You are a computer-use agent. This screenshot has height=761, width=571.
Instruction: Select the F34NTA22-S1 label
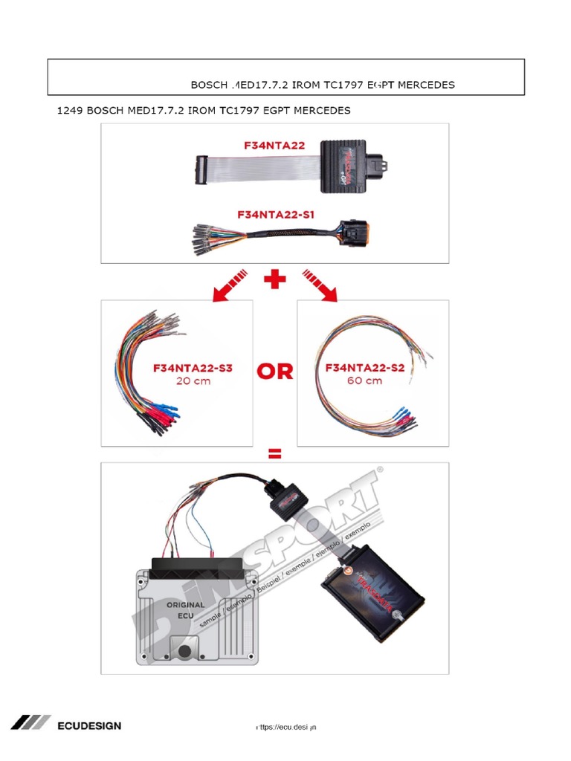pyautogui.click(x=276, y=214)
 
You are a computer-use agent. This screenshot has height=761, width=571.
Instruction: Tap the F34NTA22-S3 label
pyautogui.click(x=193, y=368)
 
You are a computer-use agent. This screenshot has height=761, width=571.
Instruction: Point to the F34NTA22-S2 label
pyautogui.click(x=364, y=368)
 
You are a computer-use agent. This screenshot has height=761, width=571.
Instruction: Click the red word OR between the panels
pyautogui.click(x=275, y=372)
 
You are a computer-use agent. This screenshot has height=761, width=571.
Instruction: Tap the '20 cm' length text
pyautogui.click(x=193, y=381)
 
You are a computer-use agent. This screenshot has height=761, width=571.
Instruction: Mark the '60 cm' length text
pyautogui.click(x=364, y=381)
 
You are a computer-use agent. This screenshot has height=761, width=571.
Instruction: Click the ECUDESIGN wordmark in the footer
pyautogui.click(x=89, y=725)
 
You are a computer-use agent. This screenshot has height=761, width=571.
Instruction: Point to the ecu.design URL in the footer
pyautogui.click(x=285, y=726)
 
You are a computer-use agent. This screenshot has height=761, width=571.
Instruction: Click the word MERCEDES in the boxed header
pyautogui.click(x=426, y=85)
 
